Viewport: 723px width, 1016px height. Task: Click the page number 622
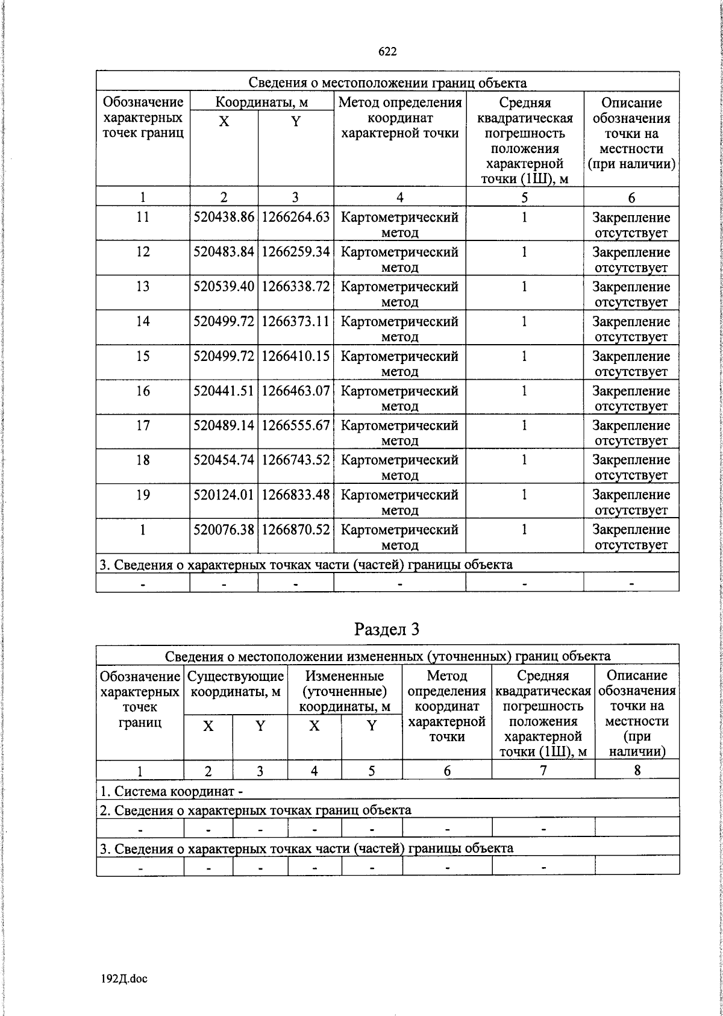pos(387,52)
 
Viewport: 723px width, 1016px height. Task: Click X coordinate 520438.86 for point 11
pos(224,217)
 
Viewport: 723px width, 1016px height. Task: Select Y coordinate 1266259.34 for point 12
pos(296,252)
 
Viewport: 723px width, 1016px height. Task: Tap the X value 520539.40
pos(224,286)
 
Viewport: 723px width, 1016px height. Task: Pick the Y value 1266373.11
pos(296,321)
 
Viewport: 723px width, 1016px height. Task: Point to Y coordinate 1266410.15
pos(296,356)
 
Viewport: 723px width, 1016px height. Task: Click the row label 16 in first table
pos(143,391)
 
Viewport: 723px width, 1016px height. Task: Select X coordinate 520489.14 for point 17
pos(224,425)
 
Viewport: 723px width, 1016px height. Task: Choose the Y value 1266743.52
pos(296,460)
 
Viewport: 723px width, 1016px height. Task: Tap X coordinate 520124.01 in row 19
pos(224,495)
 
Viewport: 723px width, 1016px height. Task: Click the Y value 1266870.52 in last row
pos(296,530)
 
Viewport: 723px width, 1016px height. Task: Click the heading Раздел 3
pos(387,629)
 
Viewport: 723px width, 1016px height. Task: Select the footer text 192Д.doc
pos(124,978)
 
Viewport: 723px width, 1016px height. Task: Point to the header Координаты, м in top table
pos(261,102)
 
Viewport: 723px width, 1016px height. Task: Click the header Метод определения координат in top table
pos(400,118)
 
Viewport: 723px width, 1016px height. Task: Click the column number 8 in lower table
pos(637,770)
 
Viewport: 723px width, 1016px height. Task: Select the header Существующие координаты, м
pos(236,683)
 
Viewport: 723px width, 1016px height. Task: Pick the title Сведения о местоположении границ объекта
pos(387,83)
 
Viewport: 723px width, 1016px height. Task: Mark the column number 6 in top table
pos(631,197)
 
